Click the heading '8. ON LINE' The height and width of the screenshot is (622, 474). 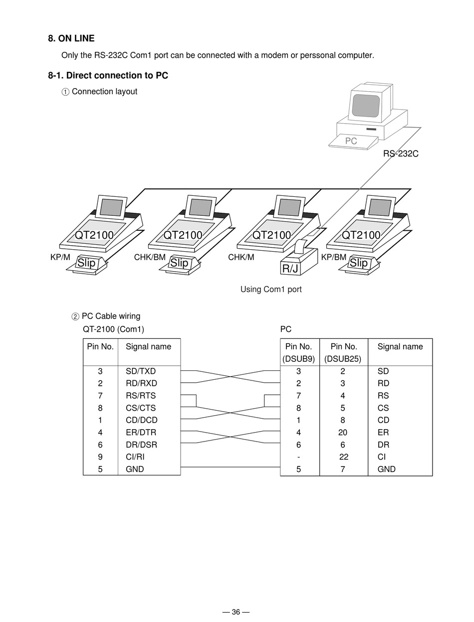pos(71,38)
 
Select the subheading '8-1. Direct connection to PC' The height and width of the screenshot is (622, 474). pos(108,75)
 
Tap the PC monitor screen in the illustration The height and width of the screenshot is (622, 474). pos(366,105)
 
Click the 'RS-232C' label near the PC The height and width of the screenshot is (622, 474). pos(401,154)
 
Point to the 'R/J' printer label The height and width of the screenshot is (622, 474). pos(290,269)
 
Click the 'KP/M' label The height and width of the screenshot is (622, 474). pos(60,257)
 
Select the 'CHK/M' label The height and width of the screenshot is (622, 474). pos(241,257)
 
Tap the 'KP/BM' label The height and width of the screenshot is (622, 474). pos(334,257)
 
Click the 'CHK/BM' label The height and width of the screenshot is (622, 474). pos(150,257)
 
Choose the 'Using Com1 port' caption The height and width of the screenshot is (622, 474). pos(271,289)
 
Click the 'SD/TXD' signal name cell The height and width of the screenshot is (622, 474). pos(141,371)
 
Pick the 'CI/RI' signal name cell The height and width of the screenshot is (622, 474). pos(135,457)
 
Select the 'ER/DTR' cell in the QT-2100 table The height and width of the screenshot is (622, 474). pos(141,432)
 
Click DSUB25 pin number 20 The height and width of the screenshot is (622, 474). pos(343,432)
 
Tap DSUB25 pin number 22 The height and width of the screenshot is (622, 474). pos(343,457)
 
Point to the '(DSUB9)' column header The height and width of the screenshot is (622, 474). pos(298,359)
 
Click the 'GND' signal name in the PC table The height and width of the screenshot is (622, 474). pos(387,469)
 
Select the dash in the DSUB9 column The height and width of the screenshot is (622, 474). pos(298,457)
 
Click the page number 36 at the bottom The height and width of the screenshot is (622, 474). pos(236,612)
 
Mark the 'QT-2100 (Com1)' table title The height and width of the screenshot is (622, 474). pos(113,329)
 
